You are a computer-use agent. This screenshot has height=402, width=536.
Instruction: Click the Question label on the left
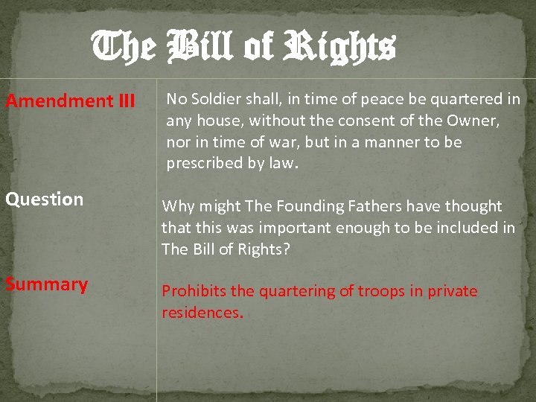(45, 200)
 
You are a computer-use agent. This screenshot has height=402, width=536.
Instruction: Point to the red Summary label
(47, 284)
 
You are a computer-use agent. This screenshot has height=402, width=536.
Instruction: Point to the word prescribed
(205, 163)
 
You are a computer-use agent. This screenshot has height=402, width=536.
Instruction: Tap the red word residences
(200, 313)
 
